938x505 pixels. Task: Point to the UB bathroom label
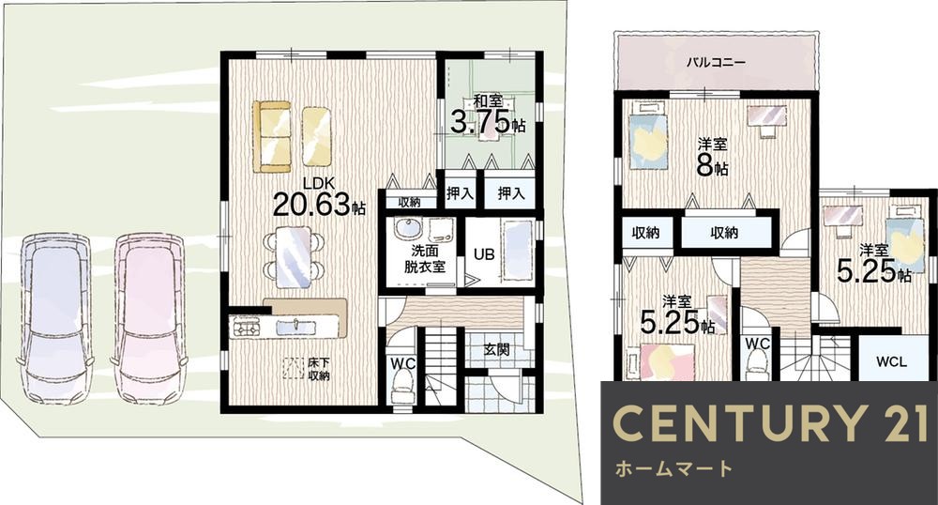484,253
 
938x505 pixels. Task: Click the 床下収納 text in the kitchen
318,367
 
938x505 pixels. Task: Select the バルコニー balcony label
715,62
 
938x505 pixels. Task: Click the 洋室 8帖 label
713,158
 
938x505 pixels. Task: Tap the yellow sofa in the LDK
292,136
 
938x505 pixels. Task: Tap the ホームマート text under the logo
672,467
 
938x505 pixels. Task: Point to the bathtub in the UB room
516,249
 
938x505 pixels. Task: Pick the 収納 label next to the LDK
409,201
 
